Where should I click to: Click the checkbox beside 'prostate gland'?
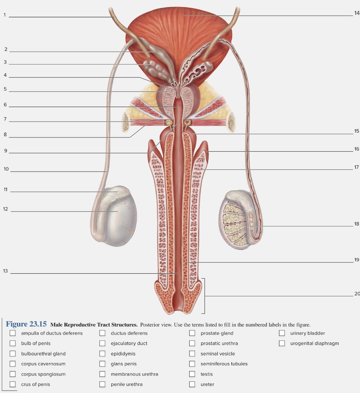pos(192,333)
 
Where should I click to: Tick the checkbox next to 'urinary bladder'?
pos(282,333)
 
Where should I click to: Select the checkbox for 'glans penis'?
pos(102,364)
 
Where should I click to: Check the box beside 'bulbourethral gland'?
pos(13,353)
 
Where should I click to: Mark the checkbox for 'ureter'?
pos(192,384)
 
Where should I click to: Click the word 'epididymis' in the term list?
pos(123,353)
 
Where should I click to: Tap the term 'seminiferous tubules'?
pos(224,364)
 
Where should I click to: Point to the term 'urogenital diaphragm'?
pos(314,343)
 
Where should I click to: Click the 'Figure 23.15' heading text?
pos(26,324)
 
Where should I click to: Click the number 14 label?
pos(357,13)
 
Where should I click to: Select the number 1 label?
pos(5,15)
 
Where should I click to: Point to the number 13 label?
pos(5,271)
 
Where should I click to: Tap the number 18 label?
pos(357,224)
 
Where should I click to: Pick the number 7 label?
pos(5,119)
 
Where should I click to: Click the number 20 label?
pos(357,294)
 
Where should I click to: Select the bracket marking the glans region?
pos(204,296)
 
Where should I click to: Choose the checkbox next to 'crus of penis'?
pos(13,384)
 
